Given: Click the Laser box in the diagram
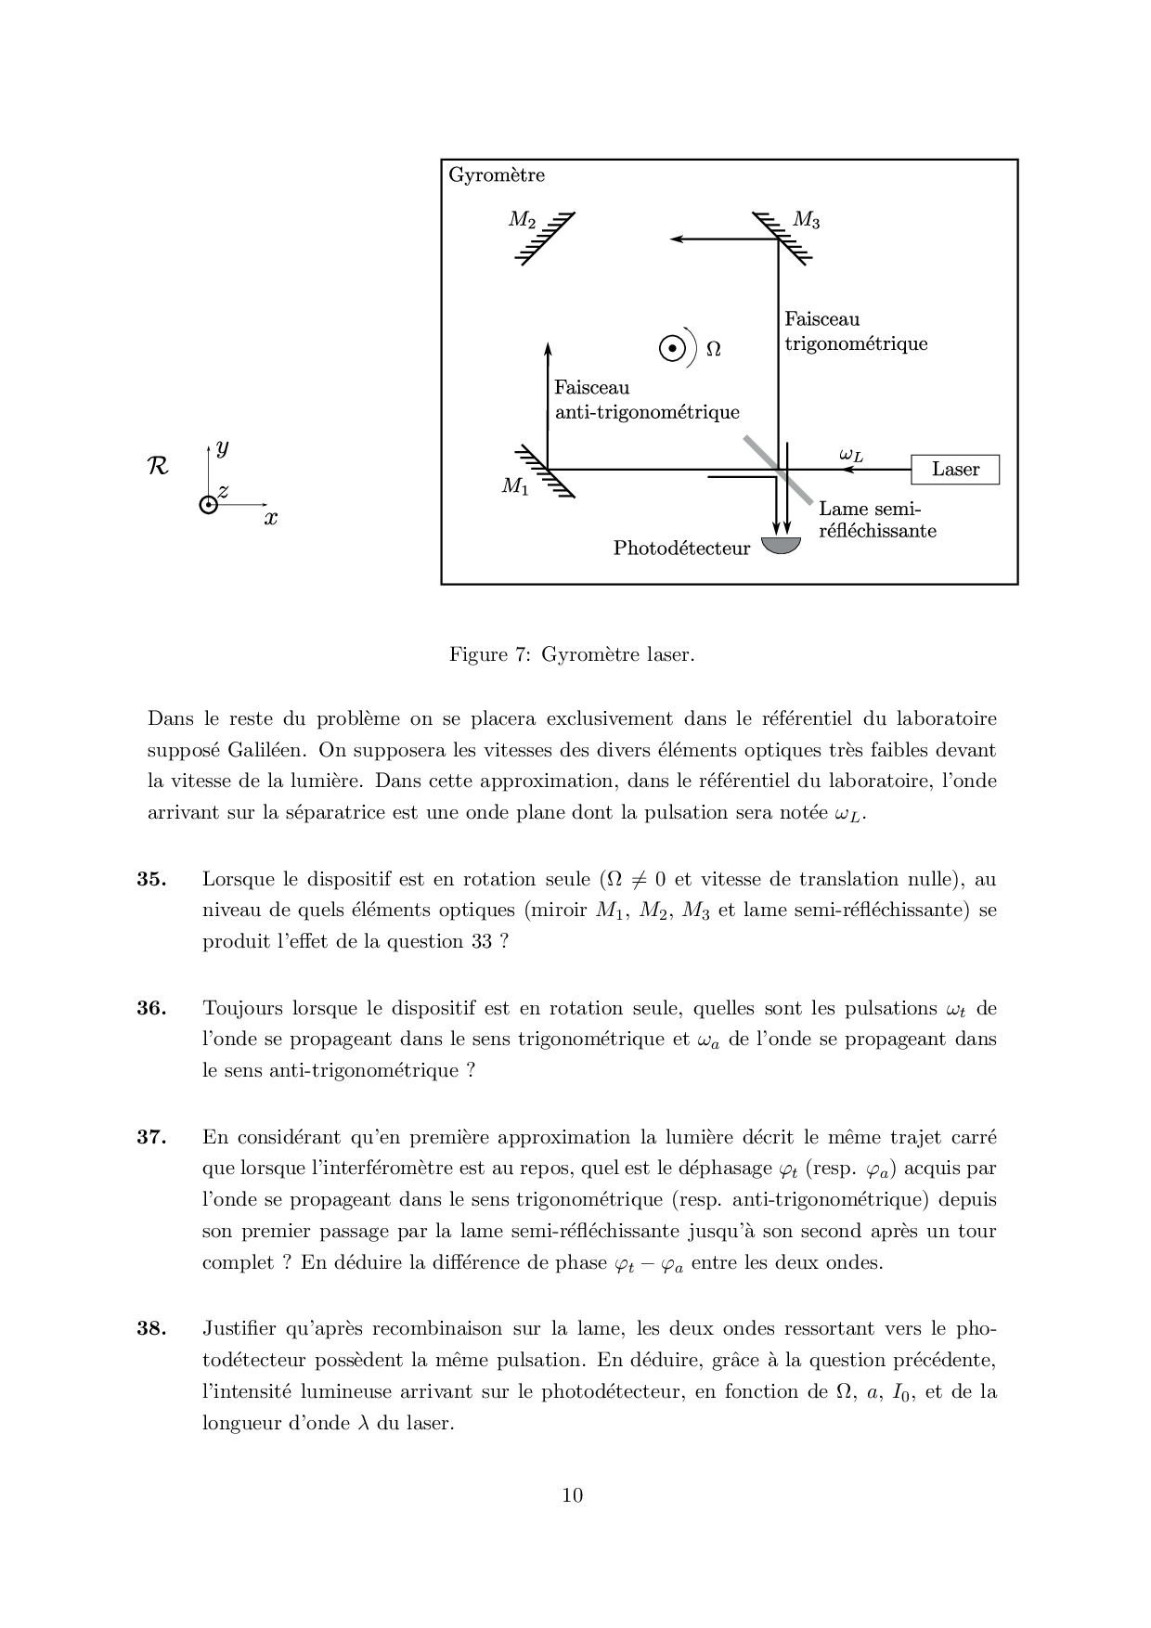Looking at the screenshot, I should tap(955, 470).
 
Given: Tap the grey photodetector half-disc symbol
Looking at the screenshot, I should tap(781, 545).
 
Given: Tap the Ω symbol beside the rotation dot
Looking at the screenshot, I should tap(713, 349).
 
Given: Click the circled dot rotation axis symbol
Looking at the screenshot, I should tap(672, 348).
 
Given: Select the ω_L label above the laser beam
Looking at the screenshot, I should tap(850, 455).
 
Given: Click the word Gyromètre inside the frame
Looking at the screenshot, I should tap(497, 175).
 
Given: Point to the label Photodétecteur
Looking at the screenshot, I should tap(681, 549).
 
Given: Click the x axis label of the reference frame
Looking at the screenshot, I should tap(270, 519).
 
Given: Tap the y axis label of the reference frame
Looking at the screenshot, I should tap(222, 448).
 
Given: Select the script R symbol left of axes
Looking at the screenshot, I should tap(158, 466).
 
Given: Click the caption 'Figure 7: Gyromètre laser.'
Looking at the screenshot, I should tap(572, 654).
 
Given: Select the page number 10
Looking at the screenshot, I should tap(573, 1494).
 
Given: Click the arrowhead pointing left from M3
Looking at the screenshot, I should tap(677, 239).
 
